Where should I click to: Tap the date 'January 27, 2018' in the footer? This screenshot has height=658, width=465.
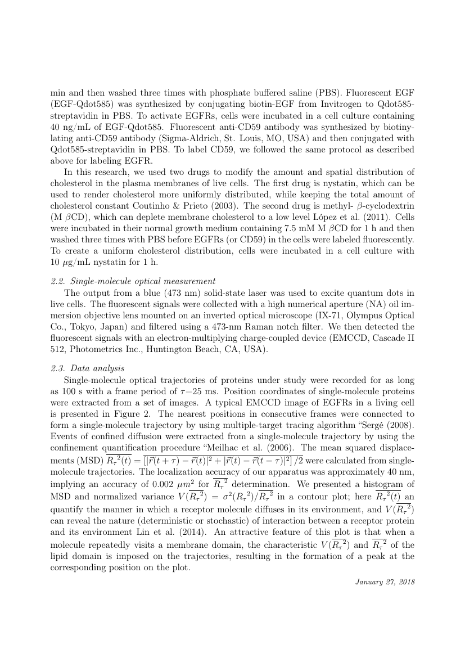[385, 582]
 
